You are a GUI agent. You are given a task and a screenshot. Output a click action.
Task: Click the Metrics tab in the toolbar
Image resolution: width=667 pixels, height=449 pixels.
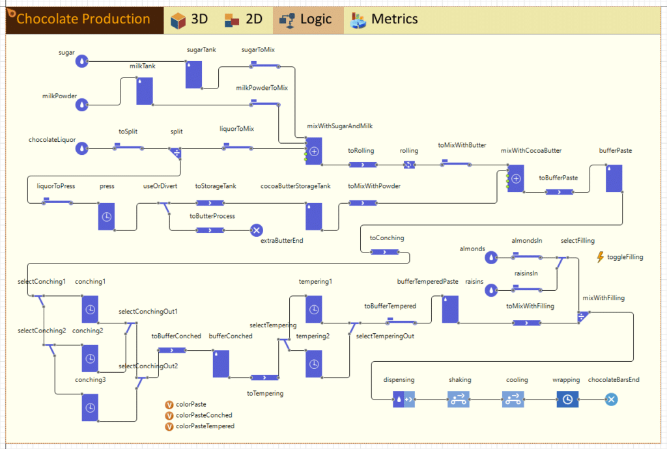point(384,20)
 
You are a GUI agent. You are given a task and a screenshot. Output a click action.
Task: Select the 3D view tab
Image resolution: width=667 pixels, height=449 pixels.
point(190,20)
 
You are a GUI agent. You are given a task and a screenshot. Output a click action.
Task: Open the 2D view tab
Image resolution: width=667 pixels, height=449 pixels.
point(244,20)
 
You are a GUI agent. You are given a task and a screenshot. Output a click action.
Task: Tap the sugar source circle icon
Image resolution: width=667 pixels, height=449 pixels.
point(81,62)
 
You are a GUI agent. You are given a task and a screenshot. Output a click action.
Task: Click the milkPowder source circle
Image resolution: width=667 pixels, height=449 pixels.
point(81,105)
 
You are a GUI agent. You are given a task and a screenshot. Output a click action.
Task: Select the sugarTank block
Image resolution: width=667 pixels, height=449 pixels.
point(193,75)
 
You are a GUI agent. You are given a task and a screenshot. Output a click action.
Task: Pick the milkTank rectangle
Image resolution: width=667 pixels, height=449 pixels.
point(145,91)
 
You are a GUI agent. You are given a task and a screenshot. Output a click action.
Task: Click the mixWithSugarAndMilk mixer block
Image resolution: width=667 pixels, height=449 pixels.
point(314,151)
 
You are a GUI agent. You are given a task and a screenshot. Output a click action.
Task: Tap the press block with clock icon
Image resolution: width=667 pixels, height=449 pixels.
point(106,217)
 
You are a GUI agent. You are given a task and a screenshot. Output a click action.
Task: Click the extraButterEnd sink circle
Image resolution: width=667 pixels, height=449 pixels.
point(256,230)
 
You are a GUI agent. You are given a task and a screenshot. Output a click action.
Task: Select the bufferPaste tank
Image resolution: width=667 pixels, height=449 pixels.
point(614,178)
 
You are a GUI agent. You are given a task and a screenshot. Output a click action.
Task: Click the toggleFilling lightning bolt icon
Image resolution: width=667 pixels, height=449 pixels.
point(600,257)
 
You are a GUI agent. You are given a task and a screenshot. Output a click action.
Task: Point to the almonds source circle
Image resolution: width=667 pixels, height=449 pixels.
point(491,258)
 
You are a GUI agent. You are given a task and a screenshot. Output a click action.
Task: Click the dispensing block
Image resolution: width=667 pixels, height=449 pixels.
point(404,400)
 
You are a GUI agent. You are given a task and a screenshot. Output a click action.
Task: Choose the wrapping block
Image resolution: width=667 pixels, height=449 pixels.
point(567,400)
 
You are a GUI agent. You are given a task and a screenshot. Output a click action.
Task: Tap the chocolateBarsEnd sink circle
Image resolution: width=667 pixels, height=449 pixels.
point(611,400)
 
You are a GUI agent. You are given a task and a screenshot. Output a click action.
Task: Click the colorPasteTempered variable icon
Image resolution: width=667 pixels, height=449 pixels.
point(169,426)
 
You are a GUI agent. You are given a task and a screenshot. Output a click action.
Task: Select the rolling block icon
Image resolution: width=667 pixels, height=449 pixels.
point(409,165)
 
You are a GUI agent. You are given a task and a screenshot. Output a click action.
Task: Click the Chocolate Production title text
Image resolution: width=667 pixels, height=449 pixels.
point(83,19)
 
